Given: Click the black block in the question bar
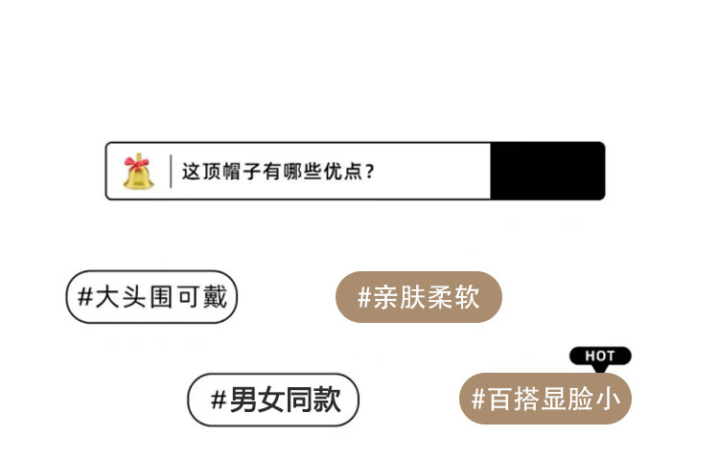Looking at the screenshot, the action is [x=546, y=172].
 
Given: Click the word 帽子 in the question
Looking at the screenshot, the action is [x=250, y=172].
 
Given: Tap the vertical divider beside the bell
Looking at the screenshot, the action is [x=171, y=172].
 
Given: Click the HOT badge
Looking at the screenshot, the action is [x=600, y=356].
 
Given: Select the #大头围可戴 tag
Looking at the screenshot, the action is [x=151, y=297].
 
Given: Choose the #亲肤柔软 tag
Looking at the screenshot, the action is [x=419, y=297].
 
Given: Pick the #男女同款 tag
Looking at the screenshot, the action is [x=273, y=400].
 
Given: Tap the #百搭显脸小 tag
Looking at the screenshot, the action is [x=545, y=399].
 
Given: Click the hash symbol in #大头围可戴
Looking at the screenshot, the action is [x=84, y=297].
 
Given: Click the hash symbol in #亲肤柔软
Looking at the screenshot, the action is [x=364, y=297].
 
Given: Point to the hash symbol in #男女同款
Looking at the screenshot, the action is [x=218, y=400].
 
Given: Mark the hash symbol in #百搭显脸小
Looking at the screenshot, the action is [x=477, y=399].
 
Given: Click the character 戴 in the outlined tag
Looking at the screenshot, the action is [x=216, y=297].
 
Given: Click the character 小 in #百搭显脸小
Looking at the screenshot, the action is [x=610, y=399].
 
